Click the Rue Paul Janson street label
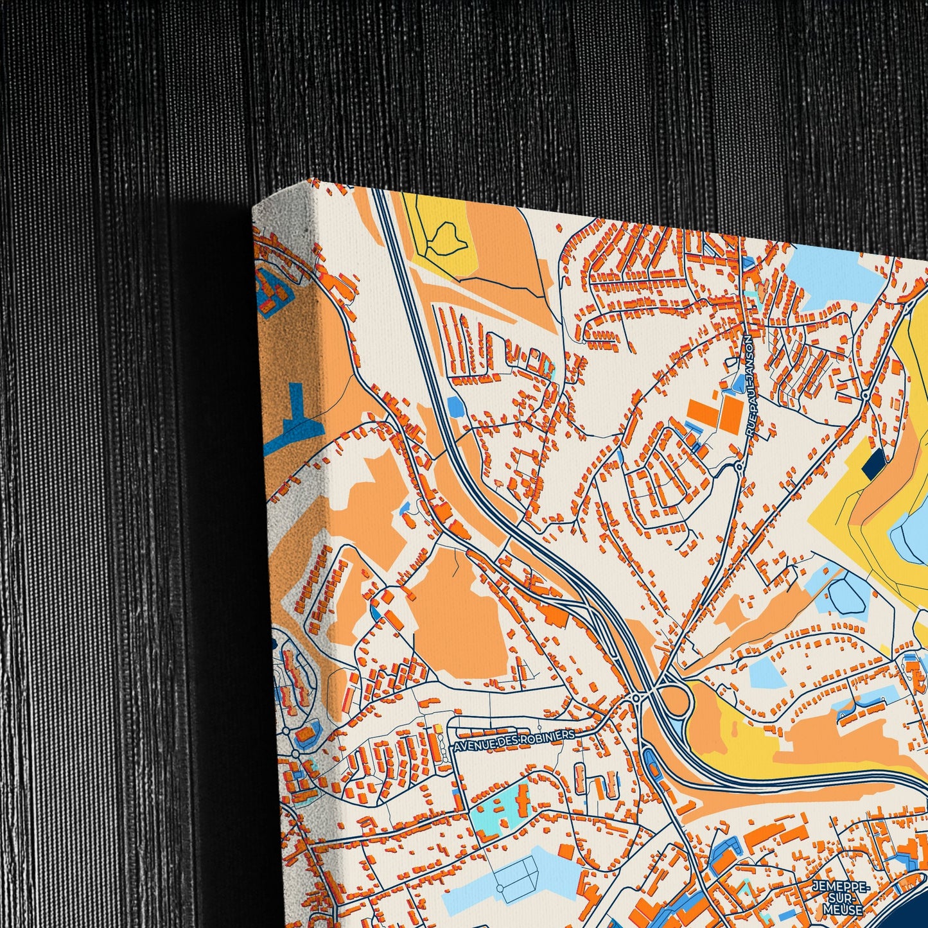coord(748,387)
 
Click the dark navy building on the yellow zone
coord(873,463)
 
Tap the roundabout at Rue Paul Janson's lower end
coord(739,467)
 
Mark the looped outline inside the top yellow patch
coord(444,239)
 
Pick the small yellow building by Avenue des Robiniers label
coord(439,728)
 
